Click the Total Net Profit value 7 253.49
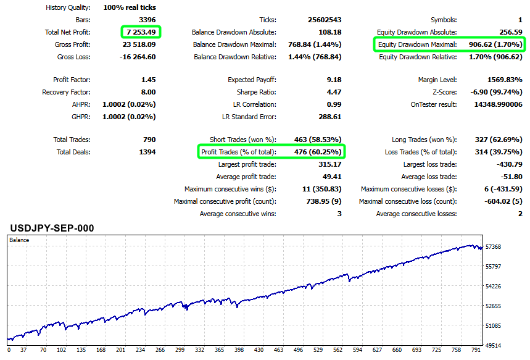(x=139, y=32)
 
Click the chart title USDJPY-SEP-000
(x=52, y=228)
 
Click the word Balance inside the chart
(x=19, y=240)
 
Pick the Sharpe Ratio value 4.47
(x=332, y=92)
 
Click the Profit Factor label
(x=72, y=80)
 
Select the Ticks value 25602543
(x=324, y=20)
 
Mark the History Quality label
(x=68, y=8)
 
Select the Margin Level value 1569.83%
(x=501, y=80)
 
